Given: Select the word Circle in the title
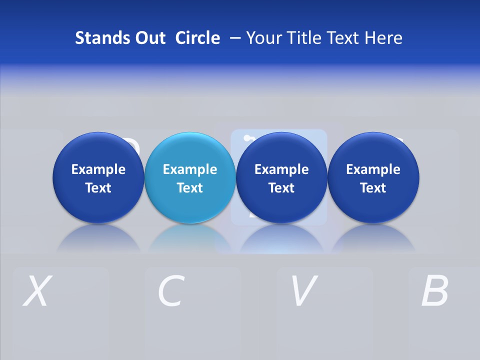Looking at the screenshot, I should (197, 38).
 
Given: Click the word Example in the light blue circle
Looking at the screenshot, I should (189, 169).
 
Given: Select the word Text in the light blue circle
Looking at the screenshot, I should (189, 188).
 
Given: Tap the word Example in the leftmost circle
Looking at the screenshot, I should (98, 169).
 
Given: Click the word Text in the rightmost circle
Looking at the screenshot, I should (373, 188).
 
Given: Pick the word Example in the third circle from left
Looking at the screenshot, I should (281, 169).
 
